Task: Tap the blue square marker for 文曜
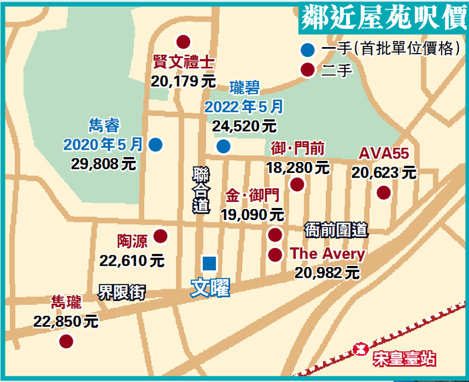(x=209, y=263)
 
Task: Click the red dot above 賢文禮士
(x=183, y=41)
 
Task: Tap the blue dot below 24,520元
(x=223, y=146)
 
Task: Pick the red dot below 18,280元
(x=297, y=184)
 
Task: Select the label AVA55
(x=384, y=153)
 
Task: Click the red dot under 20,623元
(x=383, y=193)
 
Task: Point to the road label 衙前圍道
(x=336, y=229)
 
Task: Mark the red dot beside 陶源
(x=161, y=236)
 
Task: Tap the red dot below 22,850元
(x=66, y=341)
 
